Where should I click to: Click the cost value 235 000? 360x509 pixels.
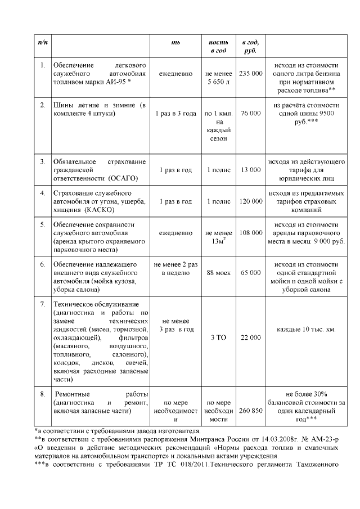point(250,74)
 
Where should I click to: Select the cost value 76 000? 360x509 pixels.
point(250,113)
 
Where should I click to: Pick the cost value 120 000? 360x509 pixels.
point(250,201)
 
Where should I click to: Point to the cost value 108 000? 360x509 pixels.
point(250,232)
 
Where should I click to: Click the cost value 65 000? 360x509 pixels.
point(250,272)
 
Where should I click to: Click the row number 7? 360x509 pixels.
point(42,304)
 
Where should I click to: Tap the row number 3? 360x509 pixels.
point(42,161)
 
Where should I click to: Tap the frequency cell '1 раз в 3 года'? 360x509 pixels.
point(176,113)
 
